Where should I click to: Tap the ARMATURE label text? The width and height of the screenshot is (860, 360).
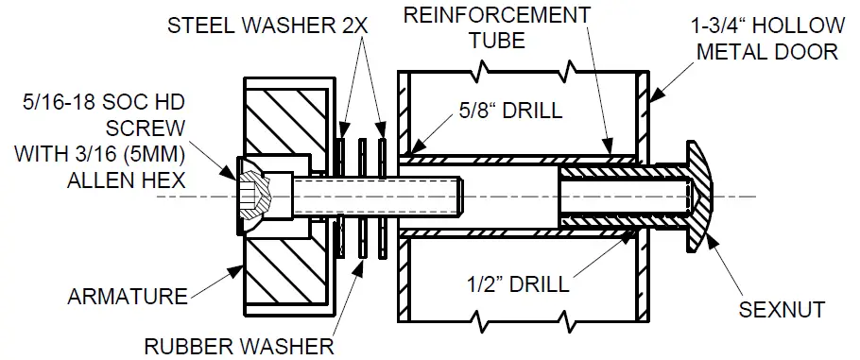pos(127,297)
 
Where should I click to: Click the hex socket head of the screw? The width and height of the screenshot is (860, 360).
pos(249,197)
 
